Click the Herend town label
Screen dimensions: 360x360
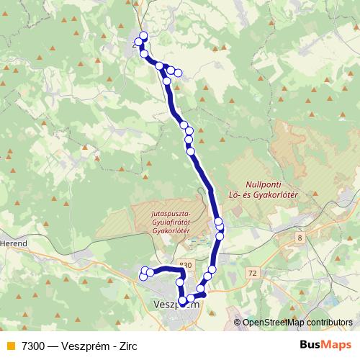tap(14, 244)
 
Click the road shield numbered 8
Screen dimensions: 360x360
tap(300, 237)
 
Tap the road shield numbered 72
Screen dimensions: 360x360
tap(251, 273)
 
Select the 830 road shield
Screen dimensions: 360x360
tap(186, 264)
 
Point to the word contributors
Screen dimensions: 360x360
tap(331, 322)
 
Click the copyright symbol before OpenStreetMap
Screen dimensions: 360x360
tap(238, 322)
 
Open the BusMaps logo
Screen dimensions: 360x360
tap(325, 344)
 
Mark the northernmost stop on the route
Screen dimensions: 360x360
tap(143, 35)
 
